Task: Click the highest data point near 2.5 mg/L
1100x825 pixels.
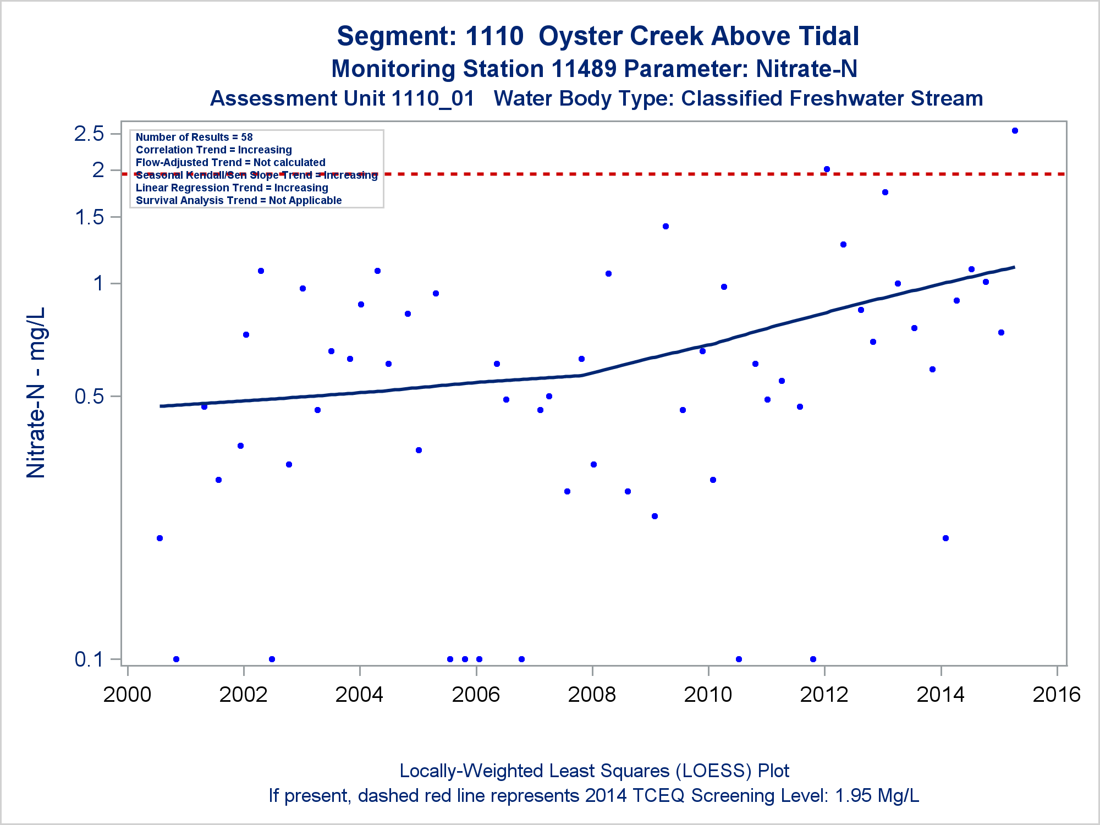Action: [x=1015, y=131]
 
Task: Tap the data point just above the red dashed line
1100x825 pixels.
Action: [x=827, y=169]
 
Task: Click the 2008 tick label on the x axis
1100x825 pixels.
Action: [x=592, y=695]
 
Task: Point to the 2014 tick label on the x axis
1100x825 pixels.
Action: [x=941, y=695]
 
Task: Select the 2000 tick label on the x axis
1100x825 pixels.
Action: [x=127, y=695]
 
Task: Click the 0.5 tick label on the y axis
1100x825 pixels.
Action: [x=89, y=396]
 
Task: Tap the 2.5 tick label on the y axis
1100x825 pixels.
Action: [x=89, y=134]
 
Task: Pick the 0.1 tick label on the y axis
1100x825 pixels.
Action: [x=89, y=659]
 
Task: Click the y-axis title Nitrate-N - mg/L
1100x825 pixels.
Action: [x=36, y=393]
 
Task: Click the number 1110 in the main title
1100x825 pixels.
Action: [x=494, y=36]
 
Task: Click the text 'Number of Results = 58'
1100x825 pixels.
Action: [x=194, y=137]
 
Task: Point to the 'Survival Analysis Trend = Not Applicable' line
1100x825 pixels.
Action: [x=239, y=200]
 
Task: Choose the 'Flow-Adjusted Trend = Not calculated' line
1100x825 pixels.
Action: [x=230, y=162]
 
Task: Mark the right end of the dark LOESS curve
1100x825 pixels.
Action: [x=1014, y=267]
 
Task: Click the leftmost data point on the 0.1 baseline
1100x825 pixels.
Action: [x=176, y=659]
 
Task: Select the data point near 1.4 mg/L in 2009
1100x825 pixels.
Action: [x=665, y=226]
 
